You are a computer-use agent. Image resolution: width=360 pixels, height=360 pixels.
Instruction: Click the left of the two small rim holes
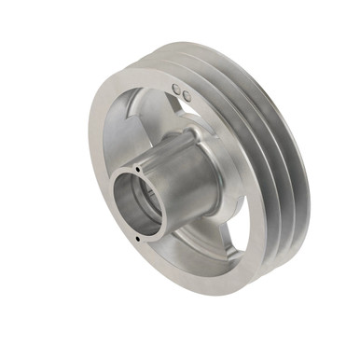click(178, 90)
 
